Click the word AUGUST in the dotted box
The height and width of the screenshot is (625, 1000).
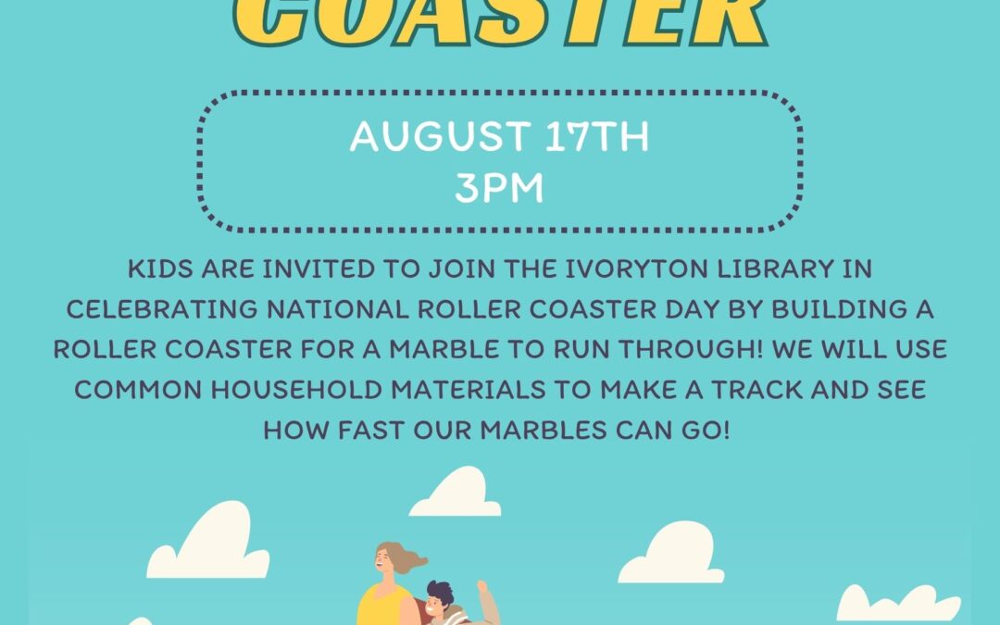[440, 136]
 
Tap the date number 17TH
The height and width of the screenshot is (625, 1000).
[597, 136]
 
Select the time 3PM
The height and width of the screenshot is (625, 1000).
[499, 187]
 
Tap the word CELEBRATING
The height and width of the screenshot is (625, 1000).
[162, 309]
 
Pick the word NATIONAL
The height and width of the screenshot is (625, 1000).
[337, 309]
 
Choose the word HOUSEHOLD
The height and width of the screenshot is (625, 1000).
[296, 389]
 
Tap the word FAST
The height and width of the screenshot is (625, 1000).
[371, 430]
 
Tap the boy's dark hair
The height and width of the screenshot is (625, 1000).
[441, 591]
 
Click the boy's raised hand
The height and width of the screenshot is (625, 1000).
[482, 585]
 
